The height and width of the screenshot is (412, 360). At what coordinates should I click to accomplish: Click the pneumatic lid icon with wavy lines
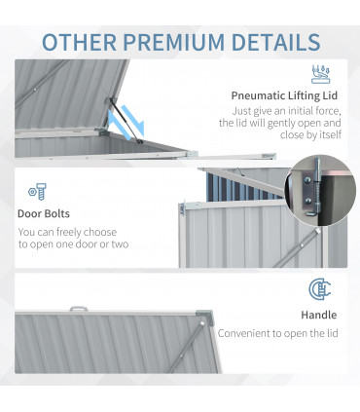319,74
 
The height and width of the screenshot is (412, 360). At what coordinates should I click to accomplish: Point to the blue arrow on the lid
131,123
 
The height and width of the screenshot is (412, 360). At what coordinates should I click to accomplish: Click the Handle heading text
318,315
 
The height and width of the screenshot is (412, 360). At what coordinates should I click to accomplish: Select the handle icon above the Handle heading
319,289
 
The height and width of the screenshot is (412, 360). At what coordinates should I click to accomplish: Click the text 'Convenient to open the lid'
277,333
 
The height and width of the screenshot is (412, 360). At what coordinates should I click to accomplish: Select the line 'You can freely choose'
67,232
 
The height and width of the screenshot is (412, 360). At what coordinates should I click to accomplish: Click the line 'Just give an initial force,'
281,112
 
